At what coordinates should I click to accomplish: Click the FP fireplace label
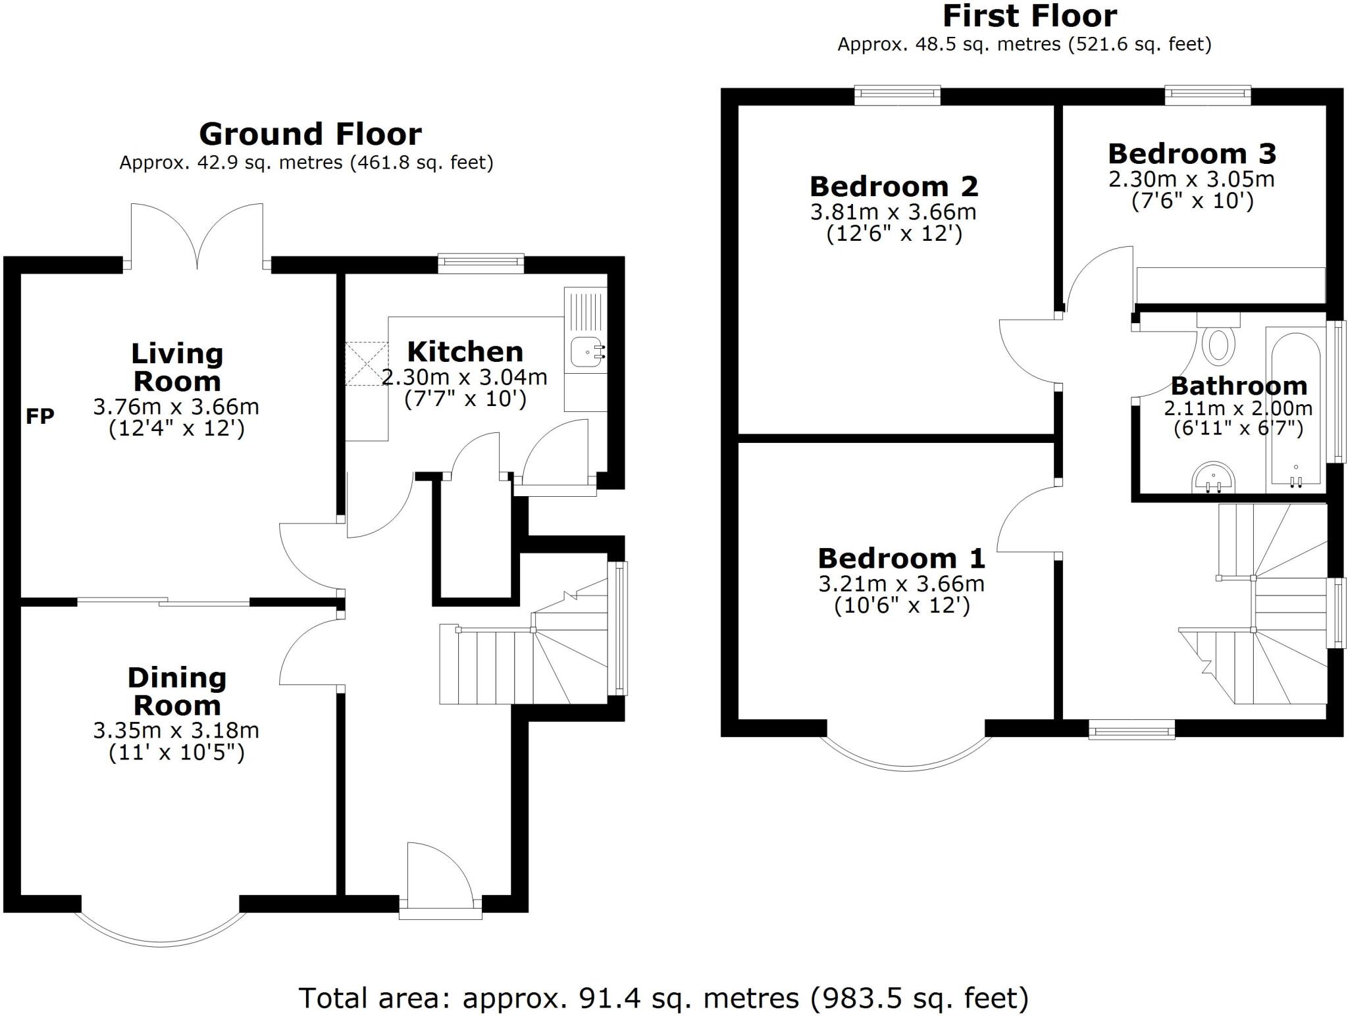click(39, 416)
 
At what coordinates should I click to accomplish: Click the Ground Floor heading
click(310, 134)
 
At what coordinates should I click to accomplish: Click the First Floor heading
click(1029, 16)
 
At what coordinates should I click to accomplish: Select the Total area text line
click(663, 998)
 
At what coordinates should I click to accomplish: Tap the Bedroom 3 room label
click(1192, 154)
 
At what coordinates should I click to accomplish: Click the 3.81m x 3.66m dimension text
click(893, 212)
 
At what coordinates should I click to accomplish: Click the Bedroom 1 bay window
click(905, 757)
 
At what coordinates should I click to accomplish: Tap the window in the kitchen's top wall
click(481, 263)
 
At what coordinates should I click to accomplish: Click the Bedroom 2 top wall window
click(897, 95)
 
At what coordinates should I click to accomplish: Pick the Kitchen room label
click(465, 352)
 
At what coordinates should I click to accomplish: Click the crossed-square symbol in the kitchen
click(367, 363)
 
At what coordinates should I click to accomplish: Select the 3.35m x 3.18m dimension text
click(176, 730)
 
